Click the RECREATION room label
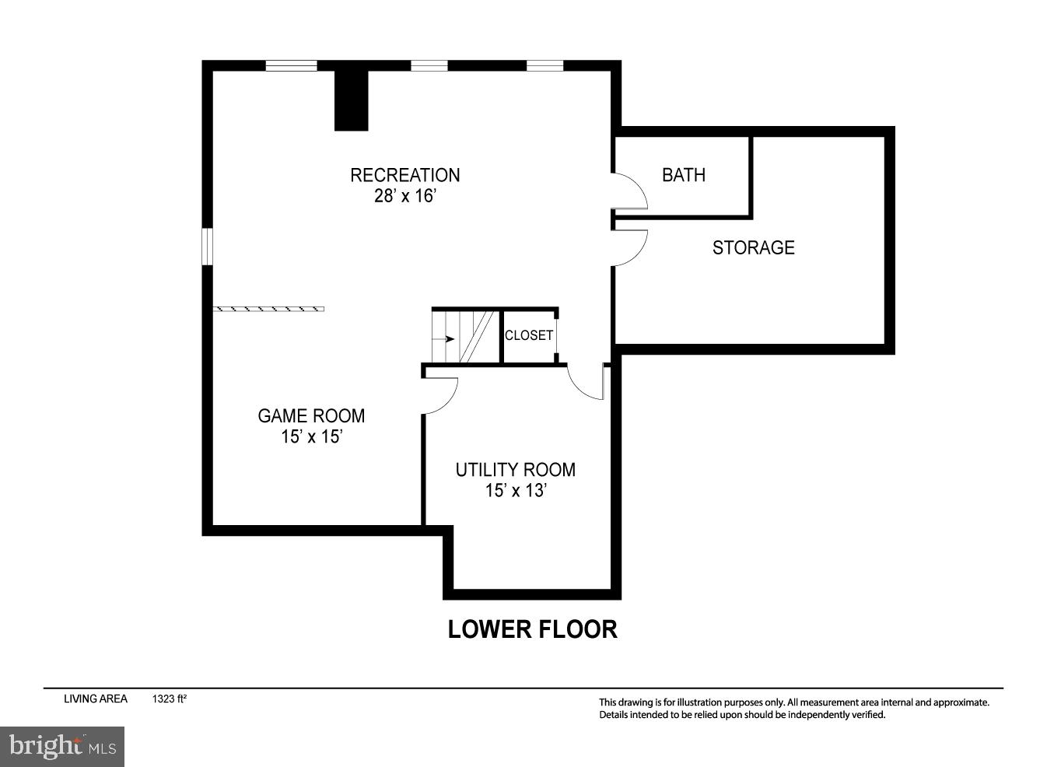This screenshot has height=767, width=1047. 404,175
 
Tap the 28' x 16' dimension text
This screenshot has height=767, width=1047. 404,196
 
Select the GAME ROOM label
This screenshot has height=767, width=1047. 311,416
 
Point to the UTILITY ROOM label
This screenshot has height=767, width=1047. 515,470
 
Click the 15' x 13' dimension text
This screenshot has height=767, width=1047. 515,491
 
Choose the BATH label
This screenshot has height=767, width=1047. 684,175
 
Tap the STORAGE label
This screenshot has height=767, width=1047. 753,247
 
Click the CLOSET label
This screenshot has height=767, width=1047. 529,335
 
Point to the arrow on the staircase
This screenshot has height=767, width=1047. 445,339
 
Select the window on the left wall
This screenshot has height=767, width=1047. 207,246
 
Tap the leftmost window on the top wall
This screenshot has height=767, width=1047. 291,66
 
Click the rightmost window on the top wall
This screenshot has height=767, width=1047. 545,66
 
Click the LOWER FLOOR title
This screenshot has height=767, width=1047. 532,629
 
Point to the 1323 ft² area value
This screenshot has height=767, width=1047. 170,699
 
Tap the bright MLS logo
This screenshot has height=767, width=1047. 62,747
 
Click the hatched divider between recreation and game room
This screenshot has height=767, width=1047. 268,309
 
